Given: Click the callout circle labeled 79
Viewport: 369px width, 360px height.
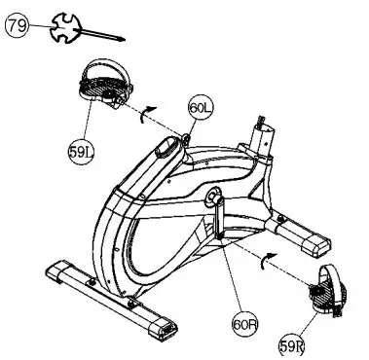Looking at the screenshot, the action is [17, 27].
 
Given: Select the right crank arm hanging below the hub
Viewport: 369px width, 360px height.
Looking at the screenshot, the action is [219, 219].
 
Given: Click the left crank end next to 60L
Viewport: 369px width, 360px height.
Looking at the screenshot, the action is [182, 141].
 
